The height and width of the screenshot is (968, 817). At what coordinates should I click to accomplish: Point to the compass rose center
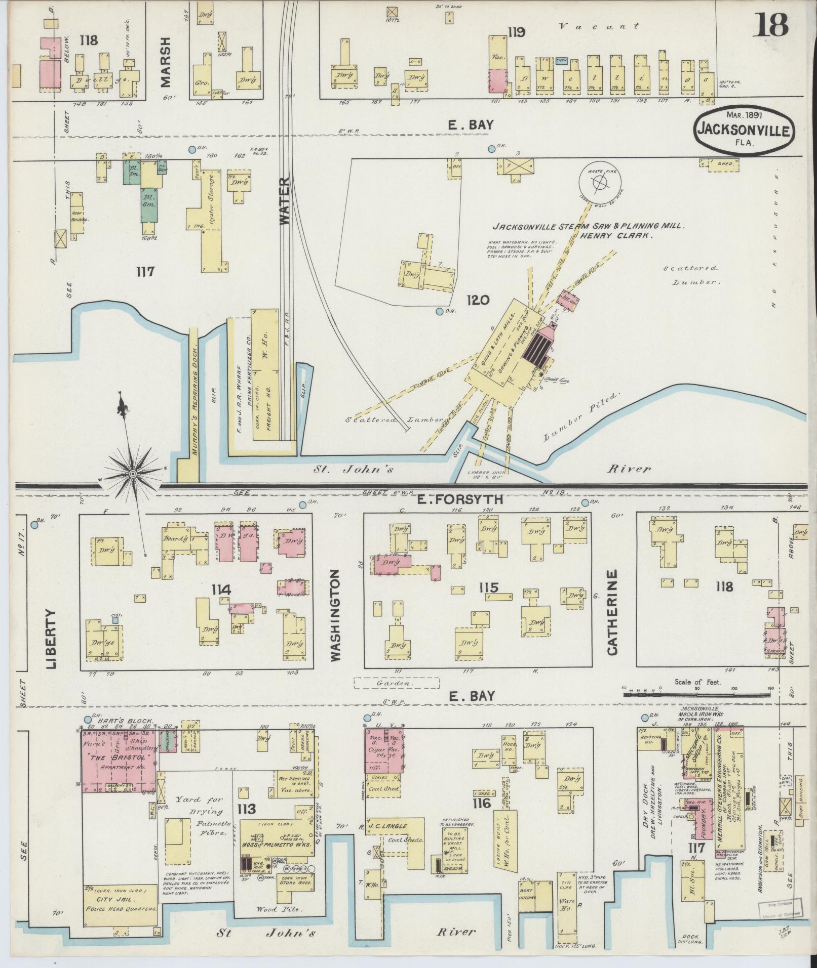[132, 474]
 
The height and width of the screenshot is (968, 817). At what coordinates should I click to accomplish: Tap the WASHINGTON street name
[335, 614]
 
